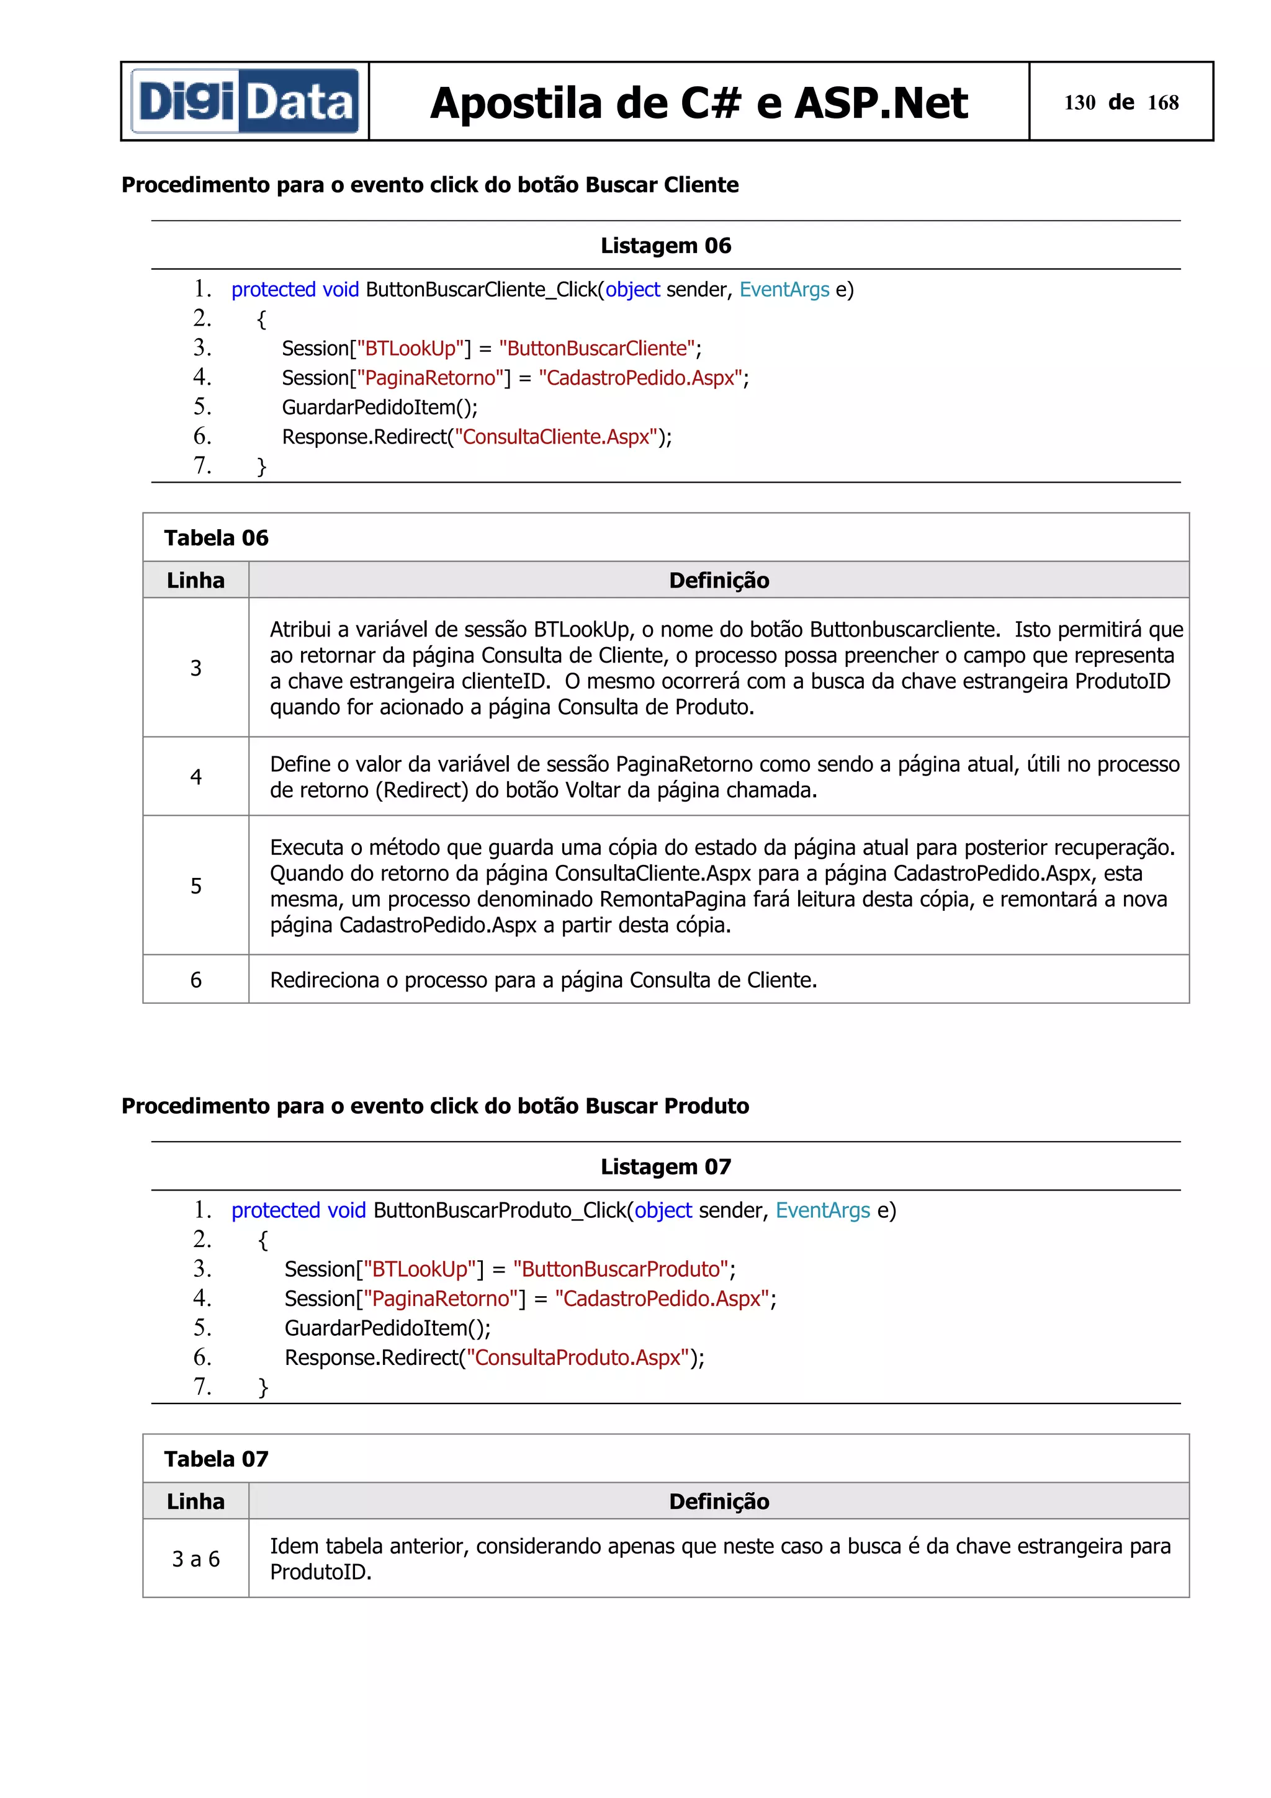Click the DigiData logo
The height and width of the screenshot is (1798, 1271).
(x=245, y=102)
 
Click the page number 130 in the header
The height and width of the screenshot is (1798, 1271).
(x=1079, y=102)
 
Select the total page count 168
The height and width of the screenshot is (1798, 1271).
(x=1163, y=102)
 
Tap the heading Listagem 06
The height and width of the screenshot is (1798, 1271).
(x=666, y=246)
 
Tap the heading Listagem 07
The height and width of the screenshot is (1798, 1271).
(x=666, y=1167)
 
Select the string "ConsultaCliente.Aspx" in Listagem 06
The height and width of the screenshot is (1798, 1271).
(x=556, y=437)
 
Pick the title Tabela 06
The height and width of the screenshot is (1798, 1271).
(x=216, y=538)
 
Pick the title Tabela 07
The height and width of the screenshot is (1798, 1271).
(x=216, y=1459)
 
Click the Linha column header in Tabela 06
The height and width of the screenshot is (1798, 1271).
(x=195, y=580)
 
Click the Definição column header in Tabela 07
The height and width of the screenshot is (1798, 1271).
(x=719, y=1501)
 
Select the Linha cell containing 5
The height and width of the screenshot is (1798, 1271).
(x=195, y=886)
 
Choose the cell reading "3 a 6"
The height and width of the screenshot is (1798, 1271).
(x=195, y=1559)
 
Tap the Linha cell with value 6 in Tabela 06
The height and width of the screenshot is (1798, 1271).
(x=195, y=980)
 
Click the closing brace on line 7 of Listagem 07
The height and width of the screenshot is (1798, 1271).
(x=263, y=1387)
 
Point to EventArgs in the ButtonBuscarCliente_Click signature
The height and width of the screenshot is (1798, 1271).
(x=784, y=290)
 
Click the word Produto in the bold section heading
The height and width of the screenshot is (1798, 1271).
(x=706, y=1106)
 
